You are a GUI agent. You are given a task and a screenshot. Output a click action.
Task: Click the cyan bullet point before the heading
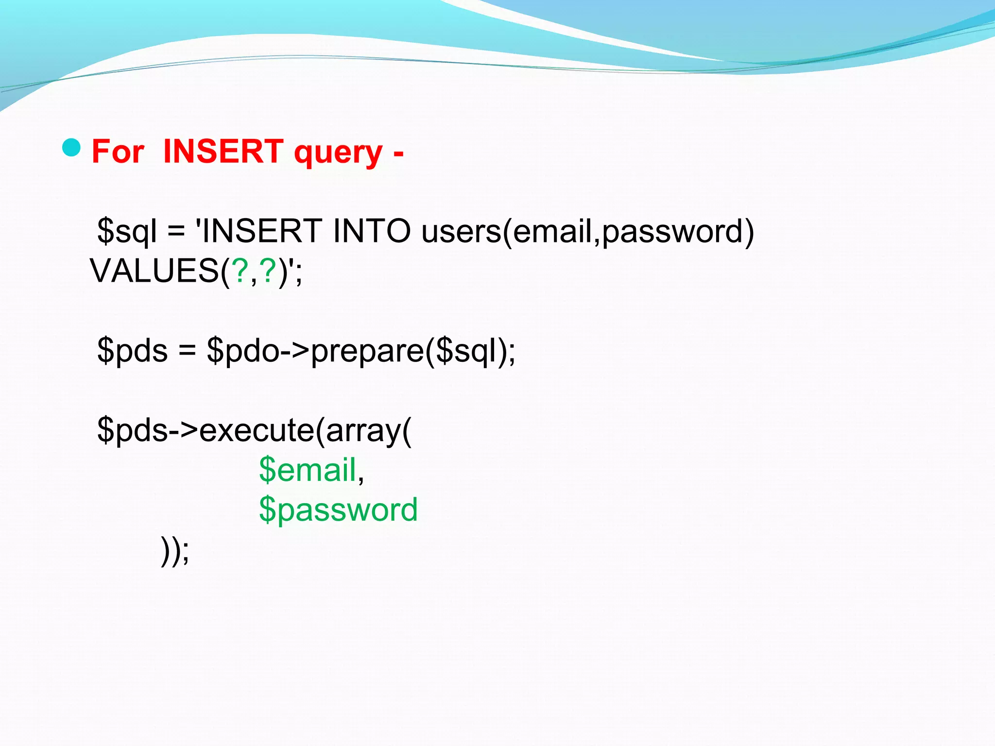coord(71,148)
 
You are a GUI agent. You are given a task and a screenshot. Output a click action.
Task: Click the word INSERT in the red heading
coord(223,152)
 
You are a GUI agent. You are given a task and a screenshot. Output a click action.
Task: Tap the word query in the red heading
coord(338,153)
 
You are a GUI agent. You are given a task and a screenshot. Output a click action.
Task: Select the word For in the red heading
coord(118,152)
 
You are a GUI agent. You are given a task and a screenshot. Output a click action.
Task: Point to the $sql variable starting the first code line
coord(127,231)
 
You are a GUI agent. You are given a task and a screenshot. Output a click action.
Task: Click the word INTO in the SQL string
coord(372,231)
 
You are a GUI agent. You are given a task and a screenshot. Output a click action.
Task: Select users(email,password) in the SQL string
coord(587,231)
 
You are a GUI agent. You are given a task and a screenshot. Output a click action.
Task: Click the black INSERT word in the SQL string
coord(261,231)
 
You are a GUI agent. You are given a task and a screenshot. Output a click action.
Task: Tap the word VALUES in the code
coord(154,271)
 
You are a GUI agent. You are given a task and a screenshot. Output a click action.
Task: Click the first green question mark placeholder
coord(240,271)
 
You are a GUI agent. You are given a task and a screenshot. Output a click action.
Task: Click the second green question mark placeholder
coord(268,271)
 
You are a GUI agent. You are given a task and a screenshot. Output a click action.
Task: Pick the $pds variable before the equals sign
coord(132,351)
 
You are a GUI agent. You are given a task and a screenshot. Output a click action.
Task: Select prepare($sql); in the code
coord(413,351)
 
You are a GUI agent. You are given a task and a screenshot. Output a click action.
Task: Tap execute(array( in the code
coord(305,430)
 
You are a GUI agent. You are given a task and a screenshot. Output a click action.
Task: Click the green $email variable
coord(308,470)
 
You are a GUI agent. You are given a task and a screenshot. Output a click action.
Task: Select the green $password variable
coord(338,510)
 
